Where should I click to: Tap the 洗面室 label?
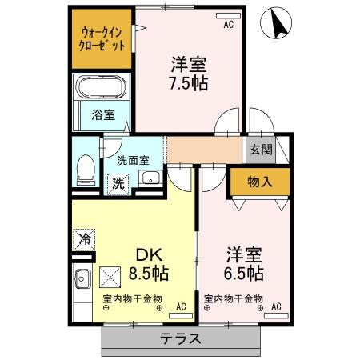[132, 160]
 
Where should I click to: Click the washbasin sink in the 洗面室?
[149, 178]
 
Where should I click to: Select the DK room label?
[148, 255]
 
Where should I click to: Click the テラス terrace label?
[180, 338]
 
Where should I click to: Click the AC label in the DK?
[180, 306]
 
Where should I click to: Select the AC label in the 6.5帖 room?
[276, 306]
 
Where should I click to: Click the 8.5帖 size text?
[148, 274]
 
